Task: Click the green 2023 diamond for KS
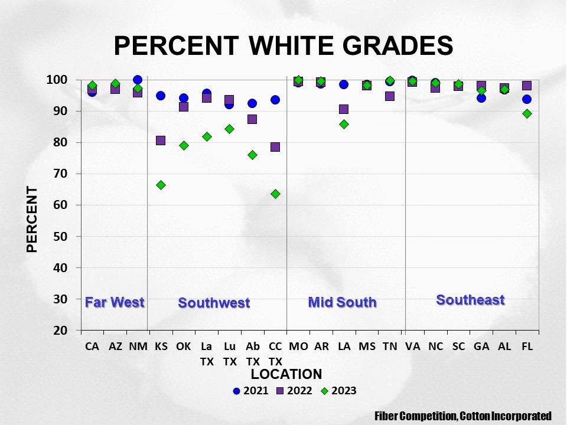161,185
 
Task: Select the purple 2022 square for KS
161,140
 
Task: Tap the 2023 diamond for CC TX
275,194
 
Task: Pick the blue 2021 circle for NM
138,80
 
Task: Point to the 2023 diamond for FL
527,113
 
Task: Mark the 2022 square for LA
344,109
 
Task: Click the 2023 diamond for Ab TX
252,155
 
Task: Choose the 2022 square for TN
390,96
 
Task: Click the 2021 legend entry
251,391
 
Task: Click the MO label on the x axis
298,347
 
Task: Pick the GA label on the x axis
481,347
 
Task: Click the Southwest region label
214,303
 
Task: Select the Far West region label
115,302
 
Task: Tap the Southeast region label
470,300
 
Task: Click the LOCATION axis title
286,374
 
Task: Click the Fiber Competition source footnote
463,416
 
